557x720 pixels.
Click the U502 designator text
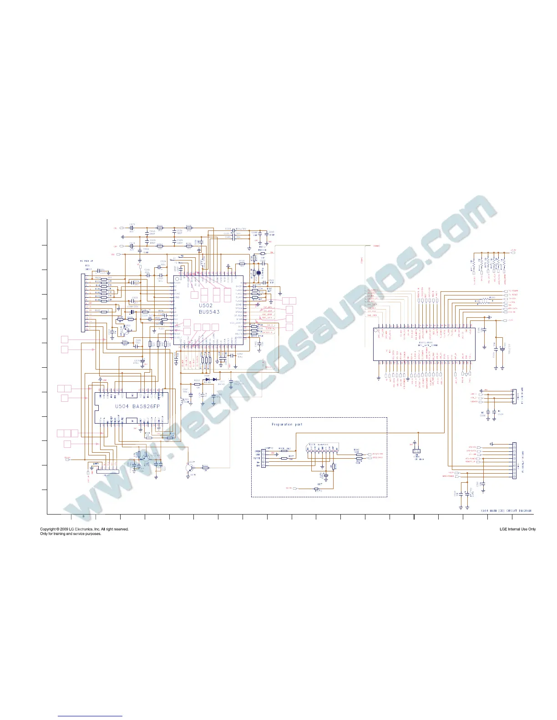[206, 305]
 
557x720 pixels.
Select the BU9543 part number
[209, 312]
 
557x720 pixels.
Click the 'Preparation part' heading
[287, 424]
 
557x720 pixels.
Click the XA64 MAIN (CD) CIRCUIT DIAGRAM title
[506, 510]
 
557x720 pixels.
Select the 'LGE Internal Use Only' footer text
[517, 529]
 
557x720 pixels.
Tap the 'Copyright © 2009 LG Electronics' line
[85, 529]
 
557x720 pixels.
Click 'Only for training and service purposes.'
[71, 534]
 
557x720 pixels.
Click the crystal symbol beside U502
[258, 273]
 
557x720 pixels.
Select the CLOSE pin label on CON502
[257, 457]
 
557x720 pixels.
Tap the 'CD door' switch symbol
[415, 451]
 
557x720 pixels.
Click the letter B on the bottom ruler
[83, 517]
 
